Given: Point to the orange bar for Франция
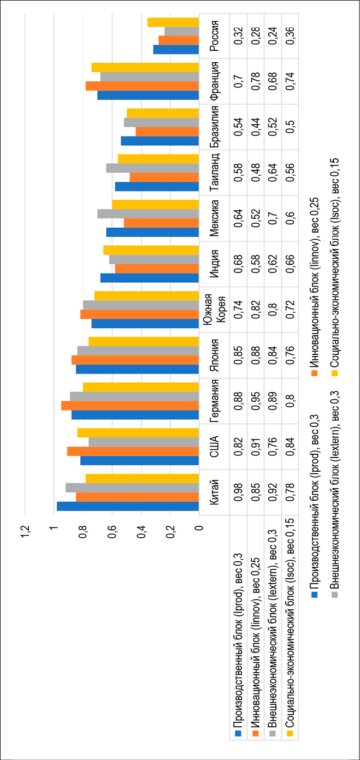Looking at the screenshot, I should (143, 86).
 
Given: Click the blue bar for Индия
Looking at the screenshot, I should (150, 278).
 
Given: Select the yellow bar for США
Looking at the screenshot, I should (138, 432).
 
